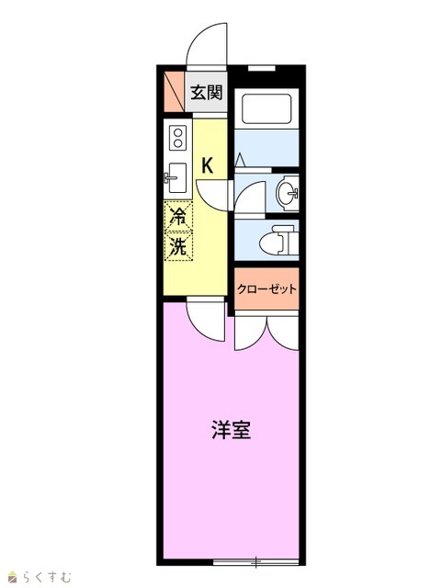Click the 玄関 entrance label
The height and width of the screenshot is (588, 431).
(206, 93)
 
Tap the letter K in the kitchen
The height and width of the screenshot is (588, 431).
(208, 165)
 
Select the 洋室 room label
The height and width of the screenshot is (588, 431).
(231, 430)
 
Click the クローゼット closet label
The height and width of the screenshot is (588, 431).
(267, 288)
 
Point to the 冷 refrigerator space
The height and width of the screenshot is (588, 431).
(178, 217)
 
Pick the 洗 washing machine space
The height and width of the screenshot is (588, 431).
(178, 246)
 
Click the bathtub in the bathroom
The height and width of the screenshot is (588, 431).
(267, 108)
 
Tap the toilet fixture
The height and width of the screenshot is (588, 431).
(278, 240)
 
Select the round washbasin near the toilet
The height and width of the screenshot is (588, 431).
(288, 194)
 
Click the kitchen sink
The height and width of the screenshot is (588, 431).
(177, 177)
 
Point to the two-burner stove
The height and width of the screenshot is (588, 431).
(177, 138)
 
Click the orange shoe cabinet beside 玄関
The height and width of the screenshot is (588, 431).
(174, 92)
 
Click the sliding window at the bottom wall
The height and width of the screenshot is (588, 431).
(255, 561)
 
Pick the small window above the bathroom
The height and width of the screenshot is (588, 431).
(262, 68)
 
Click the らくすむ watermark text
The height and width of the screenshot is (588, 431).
(47, 577)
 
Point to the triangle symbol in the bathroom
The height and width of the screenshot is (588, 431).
(240, 161)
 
